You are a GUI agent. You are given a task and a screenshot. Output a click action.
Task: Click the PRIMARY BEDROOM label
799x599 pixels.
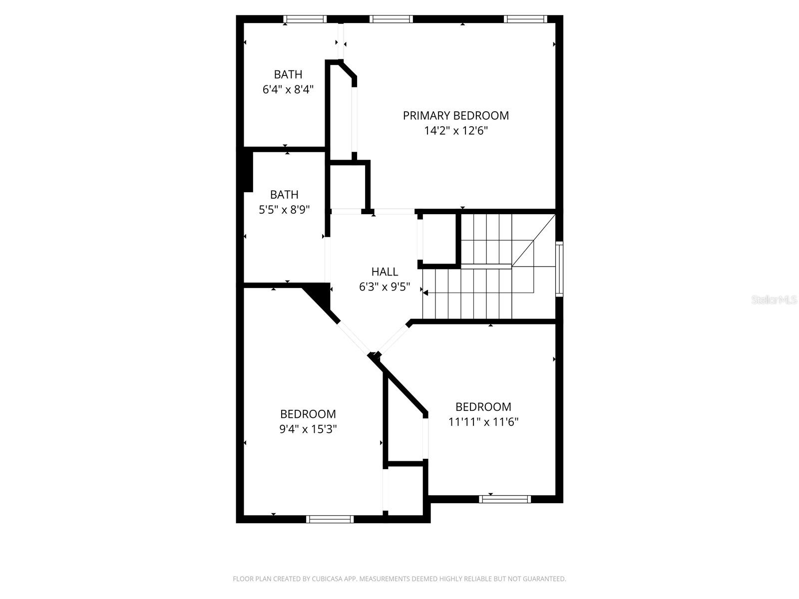point(455,116)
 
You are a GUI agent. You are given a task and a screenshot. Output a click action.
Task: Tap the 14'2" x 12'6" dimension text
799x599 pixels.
point(455,131)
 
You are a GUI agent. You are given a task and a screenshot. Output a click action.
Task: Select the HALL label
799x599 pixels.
point(385,272)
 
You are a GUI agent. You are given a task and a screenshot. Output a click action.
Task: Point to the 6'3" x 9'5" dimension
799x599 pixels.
point(385,287)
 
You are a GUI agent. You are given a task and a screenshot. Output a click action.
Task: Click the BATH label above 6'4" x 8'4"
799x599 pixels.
point(288,75)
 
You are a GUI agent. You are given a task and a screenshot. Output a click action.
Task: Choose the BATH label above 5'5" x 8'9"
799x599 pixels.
point(284,195)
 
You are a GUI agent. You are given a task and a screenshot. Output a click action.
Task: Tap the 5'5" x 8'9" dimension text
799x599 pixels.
point(284,210)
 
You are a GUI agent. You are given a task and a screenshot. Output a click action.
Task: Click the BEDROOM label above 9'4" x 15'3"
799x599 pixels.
point(308,414)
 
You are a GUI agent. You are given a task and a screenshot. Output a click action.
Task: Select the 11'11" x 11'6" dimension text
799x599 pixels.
point(483,422)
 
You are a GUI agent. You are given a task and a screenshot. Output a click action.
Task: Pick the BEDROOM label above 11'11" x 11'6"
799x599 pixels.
point(483,407)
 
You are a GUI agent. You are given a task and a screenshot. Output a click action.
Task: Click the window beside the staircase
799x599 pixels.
point(559,269)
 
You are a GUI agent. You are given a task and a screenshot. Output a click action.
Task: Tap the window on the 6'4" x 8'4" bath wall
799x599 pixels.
point(305,19)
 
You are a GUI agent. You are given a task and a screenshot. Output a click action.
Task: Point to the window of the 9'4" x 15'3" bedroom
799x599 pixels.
point(330,519)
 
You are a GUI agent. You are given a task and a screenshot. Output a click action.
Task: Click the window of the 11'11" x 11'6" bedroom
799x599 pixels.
point(505,499)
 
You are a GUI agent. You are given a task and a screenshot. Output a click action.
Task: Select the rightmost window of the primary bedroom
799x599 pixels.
point(525,19)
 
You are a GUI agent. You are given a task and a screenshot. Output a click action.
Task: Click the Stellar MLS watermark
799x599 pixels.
point(774,300)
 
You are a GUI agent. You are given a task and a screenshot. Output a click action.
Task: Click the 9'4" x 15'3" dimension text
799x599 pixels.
point(308,429)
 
